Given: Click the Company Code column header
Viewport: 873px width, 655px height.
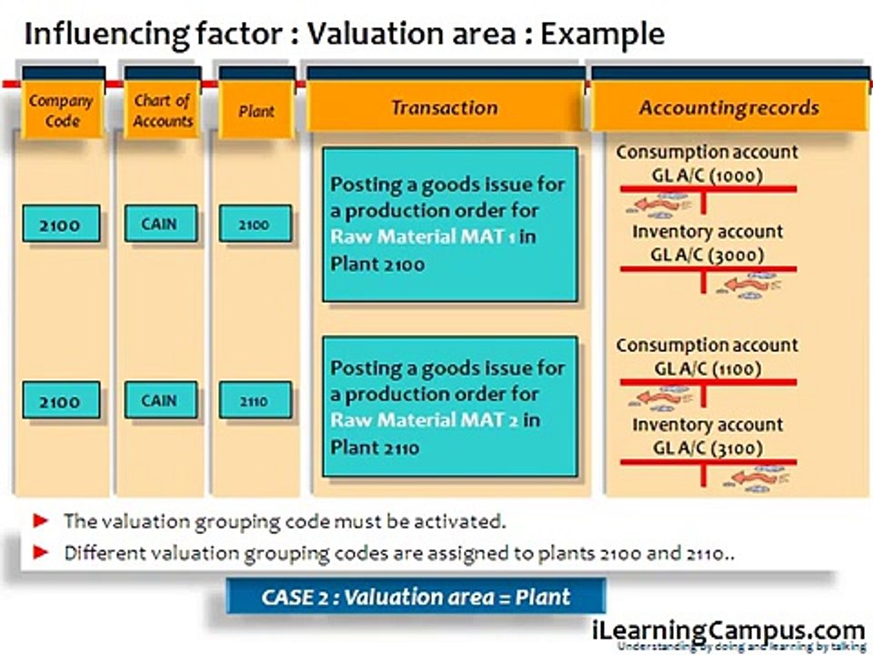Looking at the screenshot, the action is pos(61,110).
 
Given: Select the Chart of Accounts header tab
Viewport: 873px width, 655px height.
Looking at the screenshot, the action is pos(163,110).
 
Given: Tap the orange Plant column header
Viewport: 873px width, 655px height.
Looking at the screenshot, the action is pos(256,111).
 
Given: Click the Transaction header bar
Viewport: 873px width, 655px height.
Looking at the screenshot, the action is pos(444,107).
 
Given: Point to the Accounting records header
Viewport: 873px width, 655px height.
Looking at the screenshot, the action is pos(727,108).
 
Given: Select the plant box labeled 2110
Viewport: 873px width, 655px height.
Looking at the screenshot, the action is pos(255,400).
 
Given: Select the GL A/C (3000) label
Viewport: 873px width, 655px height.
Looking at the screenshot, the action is pos(707,255).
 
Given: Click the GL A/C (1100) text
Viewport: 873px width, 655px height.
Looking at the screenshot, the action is pos(707,368).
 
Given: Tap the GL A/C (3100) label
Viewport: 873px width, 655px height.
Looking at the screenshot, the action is pos(707,448).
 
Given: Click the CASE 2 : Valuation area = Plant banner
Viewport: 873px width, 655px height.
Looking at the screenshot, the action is pos(416,597).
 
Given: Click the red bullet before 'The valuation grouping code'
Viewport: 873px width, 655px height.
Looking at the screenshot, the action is pos(39,521).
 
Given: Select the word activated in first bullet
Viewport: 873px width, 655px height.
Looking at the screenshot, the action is pos(462,522).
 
